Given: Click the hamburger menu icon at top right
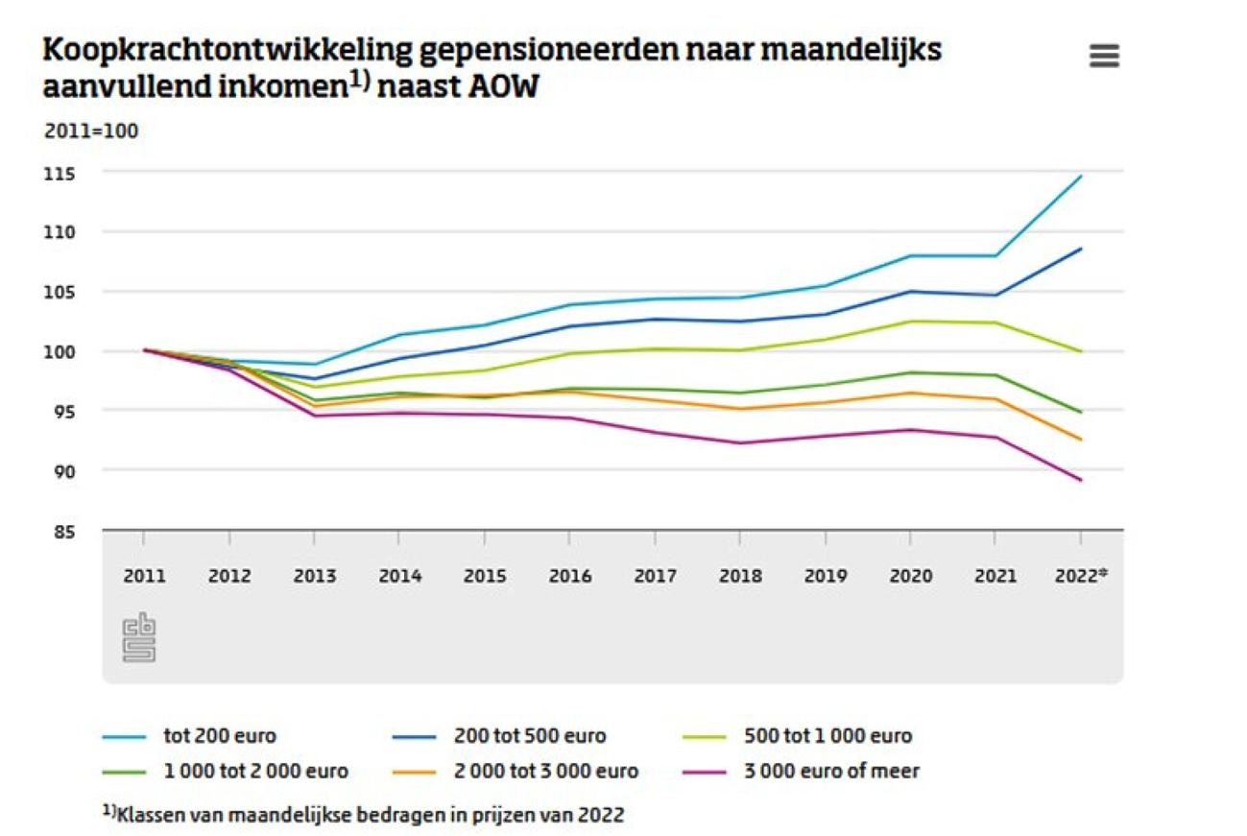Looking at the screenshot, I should [x=1104, y=57].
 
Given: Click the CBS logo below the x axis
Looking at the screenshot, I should [x=139, y=637].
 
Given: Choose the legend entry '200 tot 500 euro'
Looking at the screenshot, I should [x=528, y=737].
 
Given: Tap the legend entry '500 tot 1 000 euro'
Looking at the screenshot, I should [x=827, y=737].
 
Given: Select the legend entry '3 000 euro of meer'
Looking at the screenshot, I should [x=831, y=771].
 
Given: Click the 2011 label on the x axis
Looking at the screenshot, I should [x=144, y=576].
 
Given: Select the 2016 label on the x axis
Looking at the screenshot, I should [x=570, y=576].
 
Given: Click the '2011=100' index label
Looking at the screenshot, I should [x=91, y=131].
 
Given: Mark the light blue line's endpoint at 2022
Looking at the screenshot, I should [x=1081, y=176].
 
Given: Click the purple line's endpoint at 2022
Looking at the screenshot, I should [x=1081, y=480].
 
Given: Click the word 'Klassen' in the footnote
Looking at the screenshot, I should [x=145, y=815].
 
